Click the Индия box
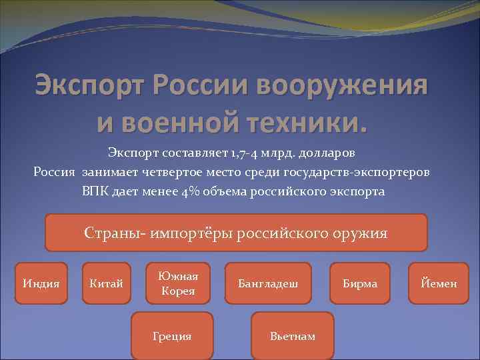[x=41, y=283]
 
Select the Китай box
[x=106, y=283]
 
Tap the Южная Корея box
[x=178, y=283]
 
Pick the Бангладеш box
[x=268, y=283]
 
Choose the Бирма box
[x=360, y=283]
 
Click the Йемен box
[x=439, y=283]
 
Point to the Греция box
[x=172, y=336]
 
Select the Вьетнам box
[x=293, y=336]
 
